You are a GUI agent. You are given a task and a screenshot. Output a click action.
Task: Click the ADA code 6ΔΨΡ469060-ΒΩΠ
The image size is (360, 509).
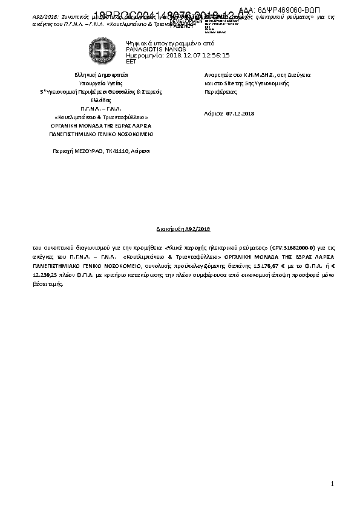299,11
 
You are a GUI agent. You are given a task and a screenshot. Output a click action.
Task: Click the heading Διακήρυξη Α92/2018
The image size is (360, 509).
180,230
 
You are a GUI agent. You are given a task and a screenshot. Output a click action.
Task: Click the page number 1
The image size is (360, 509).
333,484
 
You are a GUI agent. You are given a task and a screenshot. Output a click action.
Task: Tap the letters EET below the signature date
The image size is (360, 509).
131,61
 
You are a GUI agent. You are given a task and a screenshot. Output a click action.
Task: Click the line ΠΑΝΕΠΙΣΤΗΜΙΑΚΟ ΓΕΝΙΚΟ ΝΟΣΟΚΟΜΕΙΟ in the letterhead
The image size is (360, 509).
101,134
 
